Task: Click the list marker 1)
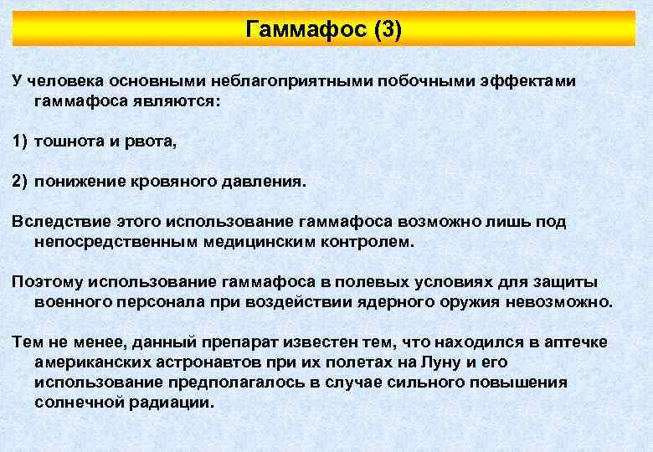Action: click(x=20, y=142)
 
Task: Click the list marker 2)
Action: click(x=20, y=182)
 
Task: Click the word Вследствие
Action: click(x=58, y=222)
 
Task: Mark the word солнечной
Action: click(x=80, y=403)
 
